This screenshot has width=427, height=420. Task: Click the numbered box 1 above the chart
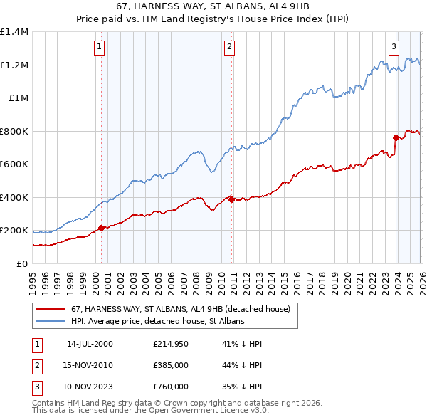[x=99, y=48]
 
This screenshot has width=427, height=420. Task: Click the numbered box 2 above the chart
[x=230, y=48]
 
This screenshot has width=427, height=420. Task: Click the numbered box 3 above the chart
[x=394, y=48]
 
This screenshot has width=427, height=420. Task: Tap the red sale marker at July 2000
[x=101, y=228]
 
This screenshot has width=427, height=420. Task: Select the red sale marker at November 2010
[x=232, y=200]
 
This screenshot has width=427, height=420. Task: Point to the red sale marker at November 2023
[x=396, y=137]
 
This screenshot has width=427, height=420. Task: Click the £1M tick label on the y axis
[x=17, y=98]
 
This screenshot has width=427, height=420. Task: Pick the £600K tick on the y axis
[x=14, y=164]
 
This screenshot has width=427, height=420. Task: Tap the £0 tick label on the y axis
[x=21, y=263]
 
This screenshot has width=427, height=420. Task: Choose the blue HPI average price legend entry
[x=157, y=322]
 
